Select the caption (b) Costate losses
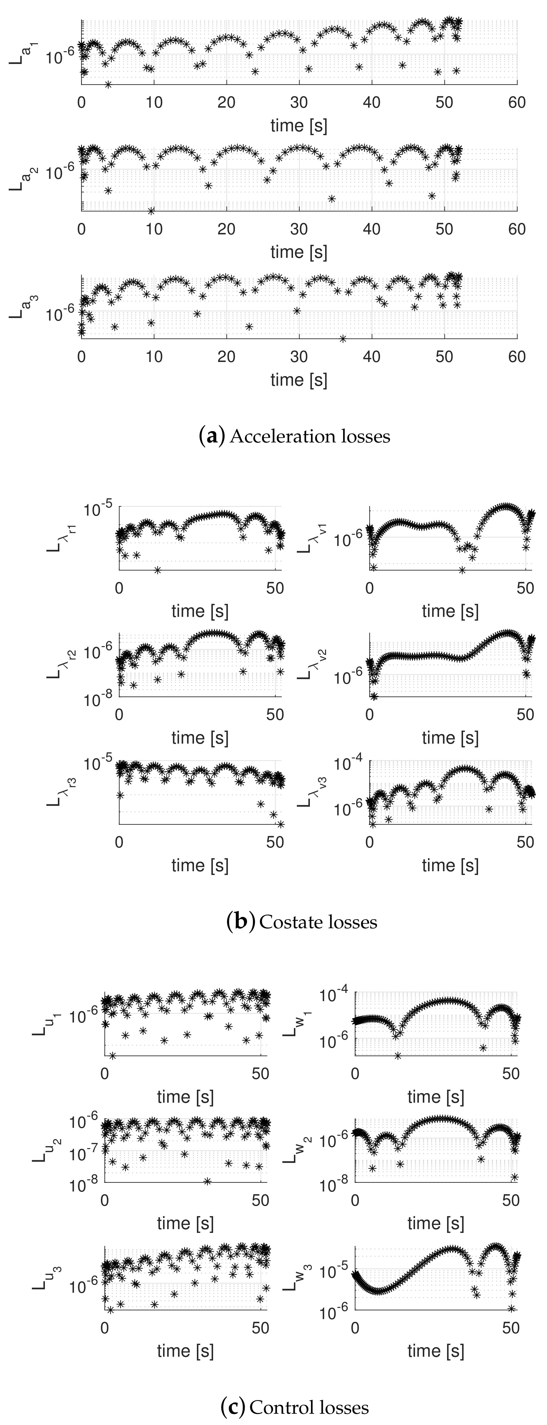(x=302, y=922)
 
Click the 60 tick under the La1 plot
(x=517, y=103)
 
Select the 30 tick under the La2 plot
(x=299, y=229)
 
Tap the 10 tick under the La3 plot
(x=154, y=357)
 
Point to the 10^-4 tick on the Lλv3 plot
(x=349, y=764)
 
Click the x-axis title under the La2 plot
(x=299, y=252)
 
